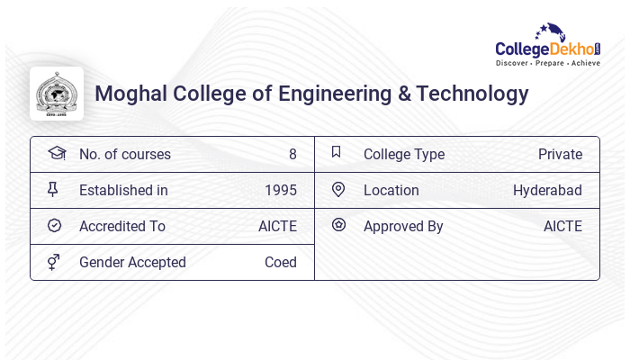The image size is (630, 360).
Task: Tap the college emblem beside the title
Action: pos(57,94)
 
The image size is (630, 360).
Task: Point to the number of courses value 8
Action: pos(292,154)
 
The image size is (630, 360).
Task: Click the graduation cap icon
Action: pos(56,153)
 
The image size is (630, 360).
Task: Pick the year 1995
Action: pos(280,190)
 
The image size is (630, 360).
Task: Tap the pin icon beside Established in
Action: pos(53,189)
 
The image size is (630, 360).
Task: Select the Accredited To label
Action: pos(122,226)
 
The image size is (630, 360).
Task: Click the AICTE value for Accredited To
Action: pos(277,226)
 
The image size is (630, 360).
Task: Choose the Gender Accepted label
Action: pos(132,262)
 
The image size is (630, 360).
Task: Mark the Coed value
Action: pos(280,262)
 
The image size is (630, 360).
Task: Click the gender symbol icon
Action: pos(54,261)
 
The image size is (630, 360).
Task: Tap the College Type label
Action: pos(403,154)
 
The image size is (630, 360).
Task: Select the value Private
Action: pos(560,154)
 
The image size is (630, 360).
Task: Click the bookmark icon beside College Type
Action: pos(336,152)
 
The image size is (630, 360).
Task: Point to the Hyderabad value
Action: pos(547,190)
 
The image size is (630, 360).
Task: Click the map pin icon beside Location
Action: pos(338,189)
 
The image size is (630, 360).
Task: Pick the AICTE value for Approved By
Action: pos(562,226)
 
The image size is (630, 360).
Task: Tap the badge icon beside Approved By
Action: pos(338,225)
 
